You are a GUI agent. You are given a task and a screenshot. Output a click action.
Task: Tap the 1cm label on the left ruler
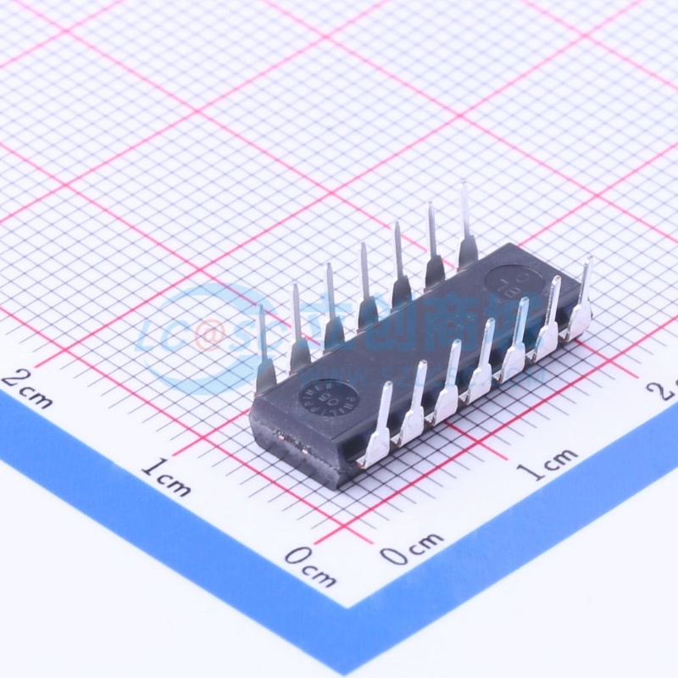coord(166,477)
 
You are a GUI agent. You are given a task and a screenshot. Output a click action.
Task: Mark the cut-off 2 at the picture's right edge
coord(665,388)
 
